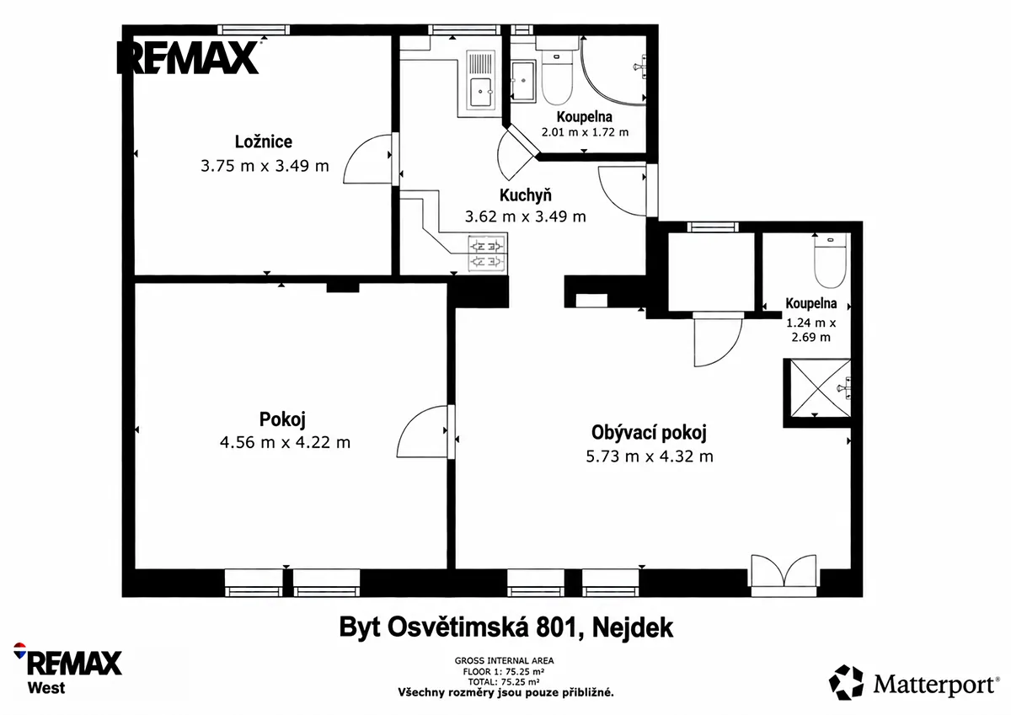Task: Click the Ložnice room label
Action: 264,141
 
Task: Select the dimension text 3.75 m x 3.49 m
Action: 265,166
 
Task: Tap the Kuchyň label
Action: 526,195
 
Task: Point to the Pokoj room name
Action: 282,419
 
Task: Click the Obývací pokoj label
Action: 649,433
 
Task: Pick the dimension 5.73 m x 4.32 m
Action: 650,456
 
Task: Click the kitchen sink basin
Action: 481,92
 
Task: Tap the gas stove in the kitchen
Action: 486,253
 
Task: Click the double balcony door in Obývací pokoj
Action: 784,575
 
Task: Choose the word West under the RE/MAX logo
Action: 46,688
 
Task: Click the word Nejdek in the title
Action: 633,627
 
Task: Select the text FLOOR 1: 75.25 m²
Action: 503,671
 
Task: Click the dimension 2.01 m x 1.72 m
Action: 585,132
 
